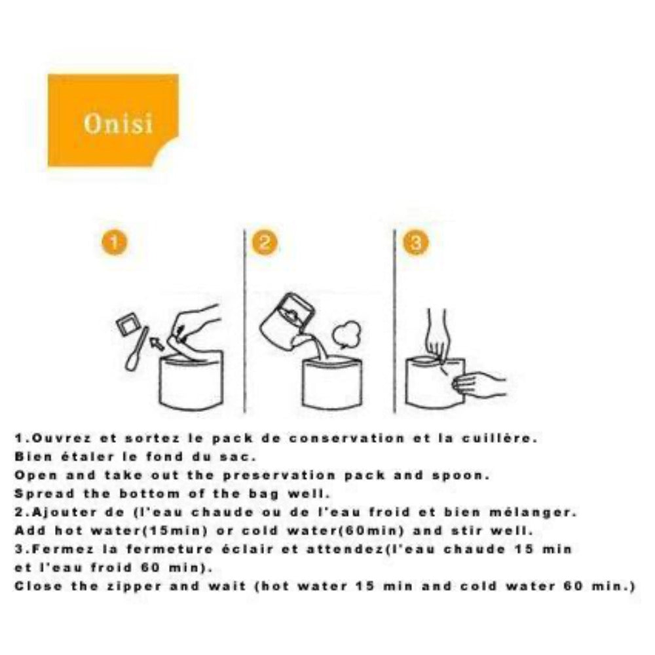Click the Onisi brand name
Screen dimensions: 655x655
pos(118,123)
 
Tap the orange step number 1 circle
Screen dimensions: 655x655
pos(114,243)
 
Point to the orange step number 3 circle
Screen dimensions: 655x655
pos(416,243)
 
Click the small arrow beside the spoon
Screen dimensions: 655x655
pos(158,343)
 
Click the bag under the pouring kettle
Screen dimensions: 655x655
pos(332,383)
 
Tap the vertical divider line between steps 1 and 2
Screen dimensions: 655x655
pos(244,321)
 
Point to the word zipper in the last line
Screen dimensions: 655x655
pos(134,586)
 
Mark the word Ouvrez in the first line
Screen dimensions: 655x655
pos(62,438)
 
